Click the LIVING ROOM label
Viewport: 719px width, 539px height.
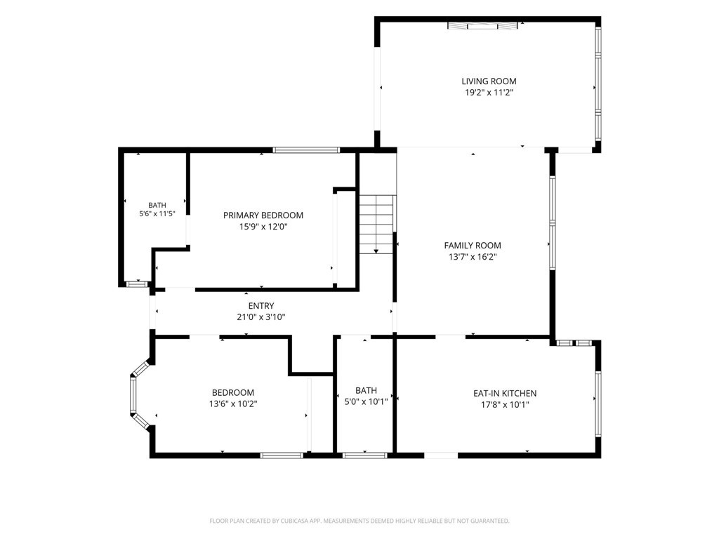tap(489, 81)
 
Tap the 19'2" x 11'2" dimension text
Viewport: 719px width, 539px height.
tap(489, 93)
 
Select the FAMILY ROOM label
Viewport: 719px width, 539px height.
tap(473, 245)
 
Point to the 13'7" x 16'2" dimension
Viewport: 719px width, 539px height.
tap(473, 257)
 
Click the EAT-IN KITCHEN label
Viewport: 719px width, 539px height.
tap(505, 393)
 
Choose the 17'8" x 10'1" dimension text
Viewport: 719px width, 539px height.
tap(505, 405)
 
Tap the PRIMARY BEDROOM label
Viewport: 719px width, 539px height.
tap(263, 215)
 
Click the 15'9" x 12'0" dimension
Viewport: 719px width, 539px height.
tap(263, 227)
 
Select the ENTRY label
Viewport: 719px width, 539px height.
tap(261, 306)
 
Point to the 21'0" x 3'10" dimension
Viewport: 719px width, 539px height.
tap(261, 317)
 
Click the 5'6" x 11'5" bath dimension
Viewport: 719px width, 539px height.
tap(157, 213)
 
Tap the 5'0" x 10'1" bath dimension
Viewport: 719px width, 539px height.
tap(366, 402)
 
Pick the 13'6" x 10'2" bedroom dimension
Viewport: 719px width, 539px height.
tap(233, 404)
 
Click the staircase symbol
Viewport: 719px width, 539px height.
tap(376, 224)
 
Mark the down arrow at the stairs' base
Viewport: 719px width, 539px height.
tap(376, 251)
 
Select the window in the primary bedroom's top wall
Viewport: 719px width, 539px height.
tap(306, 150)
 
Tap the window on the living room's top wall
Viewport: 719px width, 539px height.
tap(483, 26)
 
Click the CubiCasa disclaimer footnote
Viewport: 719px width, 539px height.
tap(359, 521)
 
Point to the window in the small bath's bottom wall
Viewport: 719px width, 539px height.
tap(136, 284)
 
